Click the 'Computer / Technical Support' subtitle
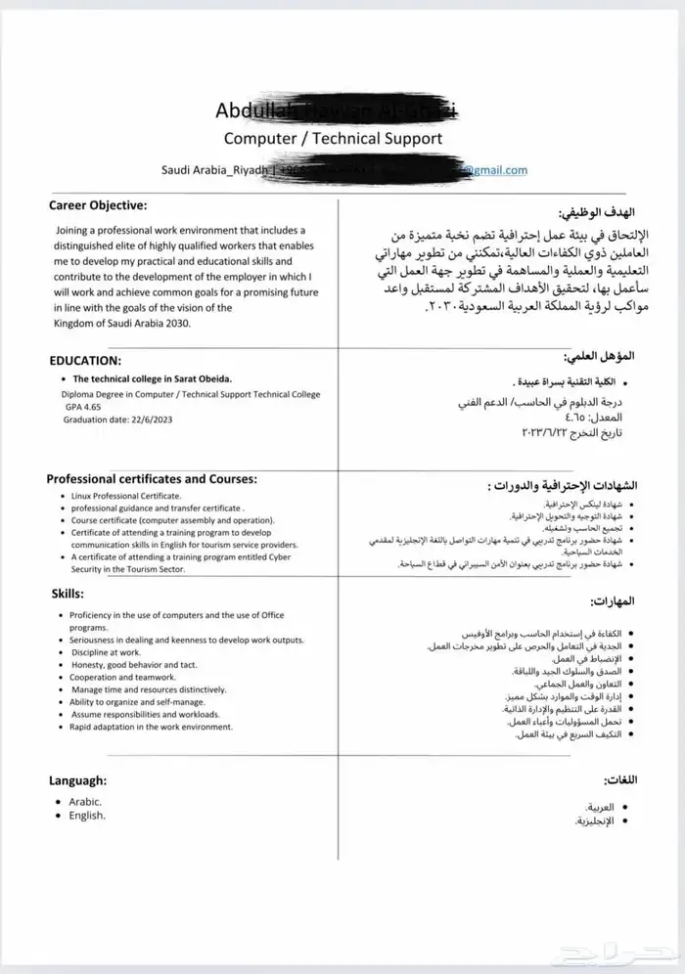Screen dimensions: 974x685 pyautogui.click(x=333, y=138)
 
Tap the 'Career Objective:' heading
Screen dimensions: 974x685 pyautogui.click(x=98, y=205)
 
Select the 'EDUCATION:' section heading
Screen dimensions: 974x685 pyautogui.click(x=85, y=360)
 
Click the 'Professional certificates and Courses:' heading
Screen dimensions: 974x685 pyautogui.click(x=152, y=479)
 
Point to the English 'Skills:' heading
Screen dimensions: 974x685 pyautogui.click(x=68, y=594)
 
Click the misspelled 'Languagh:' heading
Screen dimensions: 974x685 pyautogui.click(x=78, y=780)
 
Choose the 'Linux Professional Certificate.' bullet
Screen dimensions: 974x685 pyautogui.click(x=126, y=497)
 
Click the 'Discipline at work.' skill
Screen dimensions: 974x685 pyautogui.click(x=106, y=651)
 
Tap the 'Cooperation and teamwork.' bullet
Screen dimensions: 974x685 pyautogui.click(x=123, y=677)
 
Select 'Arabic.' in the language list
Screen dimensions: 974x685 pyautogui.click(x=86, y=801)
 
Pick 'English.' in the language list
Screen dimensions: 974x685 pyautogui.click(x=87, y=816)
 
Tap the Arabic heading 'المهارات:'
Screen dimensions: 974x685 pyautogui.click(x=612, y=600)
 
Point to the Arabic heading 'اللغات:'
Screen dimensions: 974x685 pyautogui.click(x=616, y=780)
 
